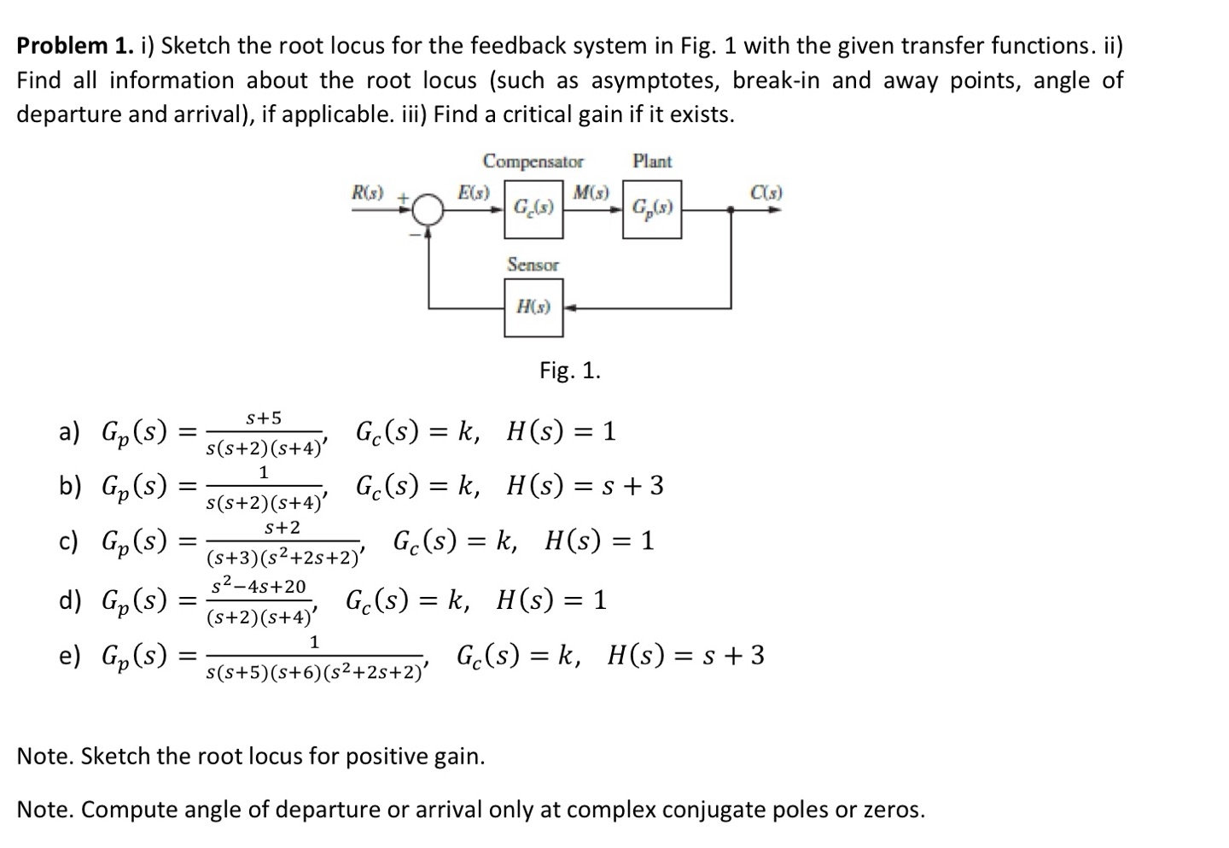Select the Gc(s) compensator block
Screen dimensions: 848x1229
click(x=533, y=208)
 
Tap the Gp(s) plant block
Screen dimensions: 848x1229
click(x=652, y=208)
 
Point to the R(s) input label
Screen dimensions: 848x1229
click(x=369, y=193)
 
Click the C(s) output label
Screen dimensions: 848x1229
click(x=766, y=193)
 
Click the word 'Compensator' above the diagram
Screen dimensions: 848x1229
click(x=533, y=161)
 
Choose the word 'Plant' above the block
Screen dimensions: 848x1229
click(x=652, y=161)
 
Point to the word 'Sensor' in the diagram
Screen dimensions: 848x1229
click(x=533, y=265)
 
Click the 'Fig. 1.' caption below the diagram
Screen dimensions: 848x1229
click(x=570, y=371)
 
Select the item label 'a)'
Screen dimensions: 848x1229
click(x=69, y=432)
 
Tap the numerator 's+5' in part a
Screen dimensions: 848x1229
click(x=264, y=418)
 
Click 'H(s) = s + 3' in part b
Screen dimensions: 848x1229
click(x=585, y=486)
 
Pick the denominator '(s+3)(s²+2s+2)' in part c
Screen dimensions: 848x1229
click(x=285, y=559)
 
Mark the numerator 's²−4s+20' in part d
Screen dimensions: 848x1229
click(x=258, y=587)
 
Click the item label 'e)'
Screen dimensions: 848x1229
click(x=69, y=657)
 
